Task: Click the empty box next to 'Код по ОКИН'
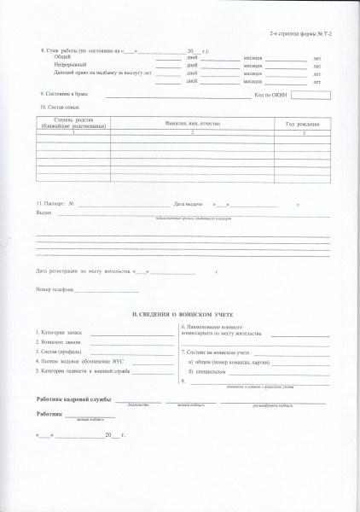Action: click(x=316, y=94)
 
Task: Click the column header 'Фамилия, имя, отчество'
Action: click(x=192, y=125)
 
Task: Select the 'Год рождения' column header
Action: click(x=303, y=125)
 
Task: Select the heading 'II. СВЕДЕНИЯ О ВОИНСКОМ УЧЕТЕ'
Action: click(x=180, y=316)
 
